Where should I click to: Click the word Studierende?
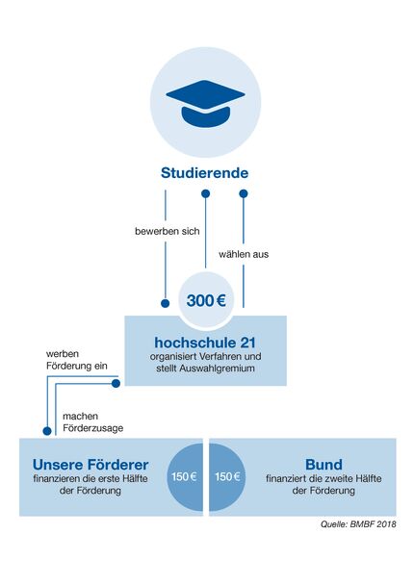(204, 174)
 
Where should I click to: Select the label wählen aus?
(245, 255)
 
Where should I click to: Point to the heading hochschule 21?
(205, 343)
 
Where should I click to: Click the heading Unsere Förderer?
(91, 464)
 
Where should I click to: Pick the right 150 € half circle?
(227, 476)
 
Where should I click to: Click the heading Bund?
(323, 464)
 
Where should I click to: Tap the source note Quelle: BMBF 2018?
(358, 524)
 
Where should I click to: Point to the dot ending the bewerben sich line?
(165, 302)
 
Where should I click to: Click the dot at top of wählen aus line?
(244, 193)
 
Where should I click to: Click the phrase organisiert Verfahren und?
(205, 358)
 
